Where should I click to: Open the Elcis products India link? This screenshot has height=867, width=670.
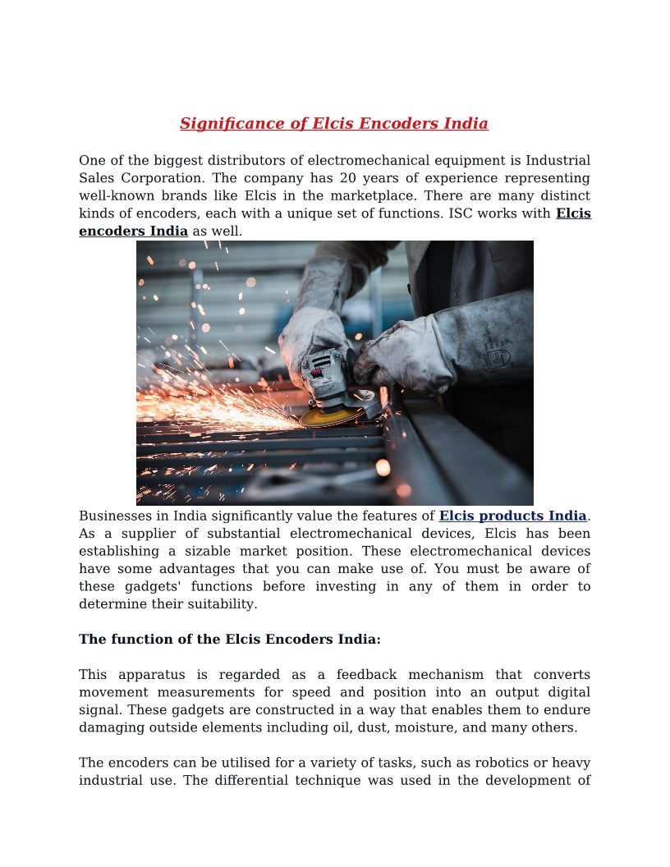(x=512, y=516)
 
